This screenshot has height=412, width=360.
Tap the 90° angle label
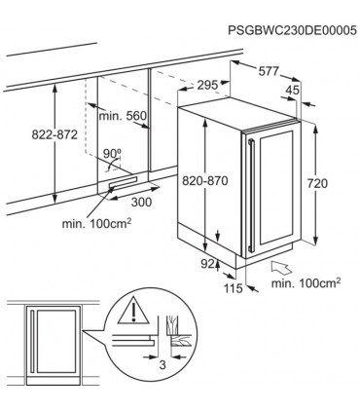113,153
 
